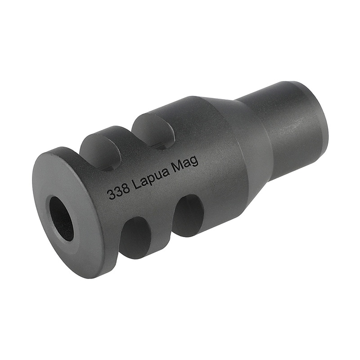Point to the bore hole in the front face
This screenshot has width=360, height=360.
pyautogui.click(x=61, y=218)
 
